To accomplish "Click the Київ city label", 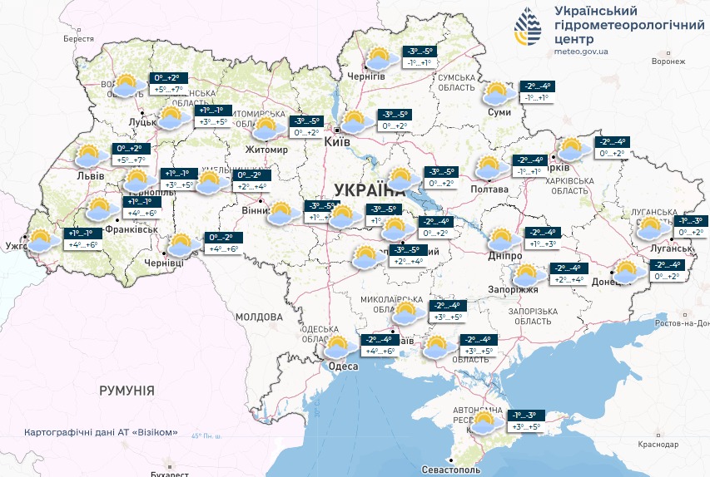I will tap(337, 142).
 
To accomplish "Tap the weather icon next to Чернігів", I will tap(380, 59).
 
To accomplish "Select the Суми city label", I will tap(499, 111).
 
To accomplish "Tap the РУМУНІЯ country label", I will tap(127, 390).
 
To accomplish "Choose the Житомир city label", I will tap(266, 150).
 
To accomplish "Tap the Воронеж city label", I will tap(668, 61).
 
